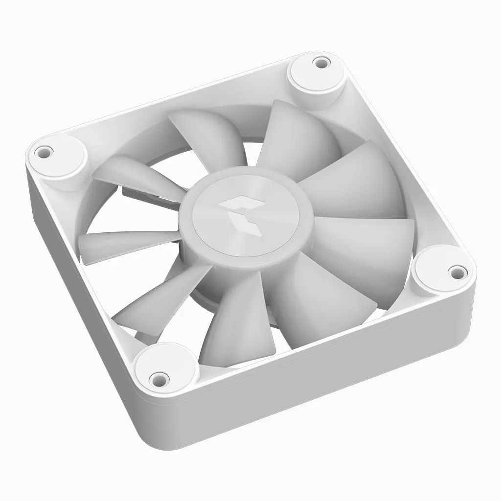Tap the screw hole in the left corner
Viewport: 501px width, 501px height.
click(44, 150)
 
